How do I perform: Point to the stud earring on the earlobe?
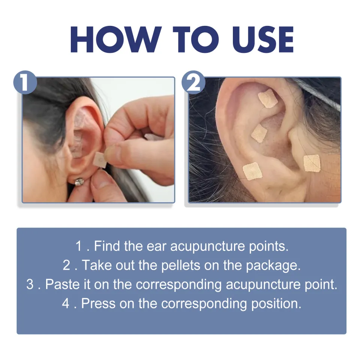[x=79, y=182]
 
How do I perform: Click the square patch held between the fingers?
[x=99, y=159]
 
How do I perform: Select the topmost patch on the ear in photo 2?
[x=268, y=99]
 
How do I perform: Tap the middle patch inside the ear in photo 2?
[x=259, y=133]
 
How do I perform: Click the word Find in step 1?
[x=107, y=246]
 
